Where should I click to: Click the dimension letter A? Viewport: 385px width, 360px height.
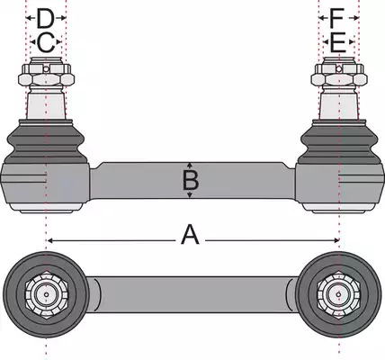[190, 235]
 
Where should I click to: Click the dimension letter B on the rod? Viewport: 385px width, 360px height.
[190, 181]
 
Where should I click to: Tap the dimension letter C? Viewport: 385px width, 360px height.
[46, 42]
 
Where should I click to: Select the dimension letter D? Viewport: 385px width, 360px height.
[45, 18]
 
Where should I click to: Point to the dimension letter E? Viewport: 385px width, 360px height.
[338, 42]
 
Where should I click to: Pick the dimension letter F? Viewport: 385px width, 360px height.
[336, 18]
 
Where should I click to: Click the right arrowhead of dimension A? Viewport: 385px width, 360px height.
[336, 240]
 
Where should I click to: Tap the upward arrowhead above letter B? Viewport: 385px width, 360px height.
[190, 165]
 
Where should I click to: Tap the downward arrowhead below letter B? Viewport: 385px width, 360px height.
[190, 195]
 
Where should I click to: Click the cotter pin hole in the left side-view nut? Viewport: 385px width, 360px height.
[46, 69]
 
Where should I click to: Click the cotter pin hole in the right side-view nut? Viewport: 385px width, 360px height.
[339, 68]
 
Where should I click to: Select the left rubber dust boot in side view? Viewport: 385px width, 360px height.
[46, 141]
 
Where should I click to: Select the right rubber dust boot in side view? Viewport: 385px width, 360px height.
[339, 141]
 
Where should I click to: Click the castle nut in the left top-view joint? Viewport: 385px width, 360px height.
[46, 294]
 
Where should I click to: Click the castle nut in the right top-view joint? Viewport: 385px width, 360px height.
[339, 294]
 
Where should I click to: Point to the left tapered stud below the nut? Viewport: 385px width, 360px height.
[46, 106]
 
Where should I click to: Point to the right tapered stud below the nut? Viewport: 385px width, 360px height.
[339, 106]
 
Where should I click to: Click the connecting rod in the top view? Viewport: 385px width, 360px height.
[192, 294]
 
